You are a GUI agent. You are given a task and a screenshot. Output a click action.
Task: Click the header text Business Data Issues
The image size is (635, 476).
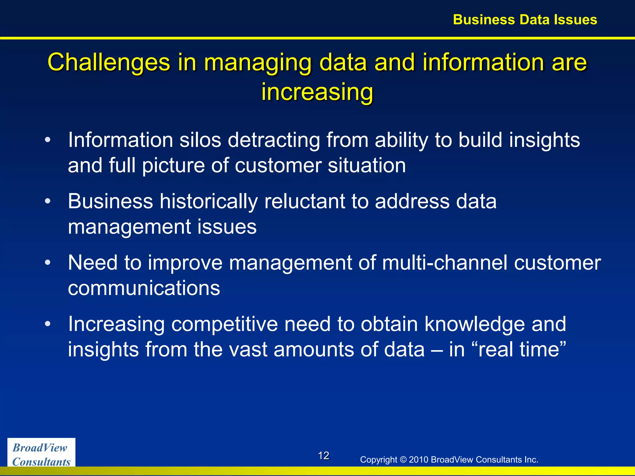(x=525, y=20)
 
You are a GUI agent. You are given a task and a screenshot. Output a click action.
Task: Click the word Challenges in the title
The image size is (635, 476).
(x=109, y=62)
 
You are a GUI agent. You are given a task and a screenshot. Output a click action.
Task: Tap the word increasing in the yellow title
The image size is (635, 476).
(x=317, y=92)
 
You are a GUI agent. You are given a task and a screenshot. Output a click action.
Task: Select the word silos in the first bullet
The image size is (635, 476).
(x=200, y=140)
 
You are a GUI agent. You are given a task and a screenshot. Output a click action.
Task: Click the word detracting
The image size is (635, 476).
(x=274, y=140)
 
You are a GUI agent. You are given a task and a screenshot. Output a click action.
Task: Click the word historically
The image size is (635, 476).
(x=208, y=201)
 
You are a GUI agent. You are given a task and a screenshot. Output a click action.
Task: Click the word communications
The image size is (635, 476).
(x=144, y=288)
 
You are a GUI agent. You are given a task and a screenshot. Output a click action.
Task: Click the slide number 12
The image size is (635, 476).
(x=323, y=456)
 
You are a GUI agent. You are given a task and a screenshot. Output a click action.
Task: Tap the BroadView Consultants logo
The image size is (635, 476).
(x=41, y=454)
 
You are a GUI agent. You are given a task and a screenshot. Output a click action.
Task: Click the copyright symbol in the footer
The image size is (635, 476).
(x=403, y=460)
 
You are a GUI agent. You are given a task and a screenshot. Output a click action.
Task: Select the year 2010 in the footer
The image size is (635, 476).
(x=419, y=460)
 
